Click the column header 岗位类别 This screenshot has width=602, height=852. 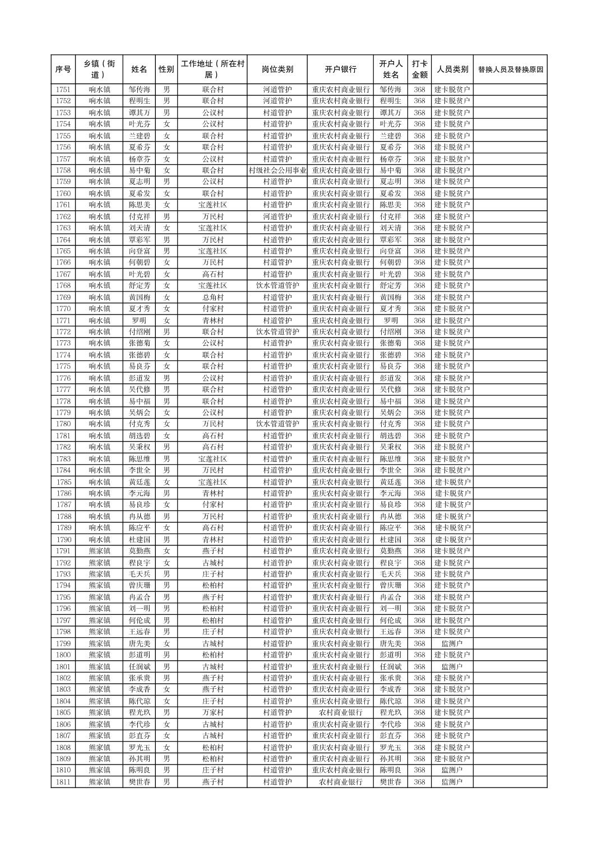point(277,70)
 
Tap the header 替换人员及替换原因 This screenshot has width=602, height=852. point(510,70)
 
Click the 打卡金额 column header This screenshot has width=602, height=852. point(419,70)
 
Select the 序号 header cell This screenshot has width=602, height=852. point(63,70)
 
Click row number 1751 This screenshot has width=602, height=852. point(63,90)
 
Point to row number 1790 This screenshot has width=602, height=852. point(63,539)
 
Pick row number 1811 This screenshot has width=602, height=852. point(63,781)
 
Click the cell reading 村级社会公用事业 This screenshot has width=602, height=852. point(277,170)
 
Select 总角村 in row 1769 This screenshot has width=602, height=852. point(212,297)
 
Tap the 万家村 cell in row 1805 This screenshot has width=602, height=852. point(212,712)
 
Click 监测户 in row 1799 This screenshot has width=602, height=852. point(452,643)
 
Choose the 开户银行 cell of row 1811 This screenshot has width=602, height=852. point(340,781)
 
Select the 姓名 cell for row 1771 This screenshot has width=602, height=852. point(139,321)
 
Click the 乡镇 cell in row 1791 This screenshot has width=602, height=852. point(99,551)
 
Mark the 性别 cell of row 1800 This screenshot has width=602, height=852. point(166,655)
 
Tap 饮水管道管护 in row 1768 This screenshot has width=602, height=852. point(277,285)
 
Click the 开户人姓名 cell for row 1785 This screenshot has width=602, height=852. point(391,482)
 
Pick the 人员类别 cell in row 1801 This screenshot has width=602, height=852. point(452,666)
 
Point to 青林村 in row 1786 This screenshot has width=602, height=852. point(212,493)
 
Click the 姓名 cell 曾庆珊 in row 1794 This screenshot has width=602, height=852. point(139,585)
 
